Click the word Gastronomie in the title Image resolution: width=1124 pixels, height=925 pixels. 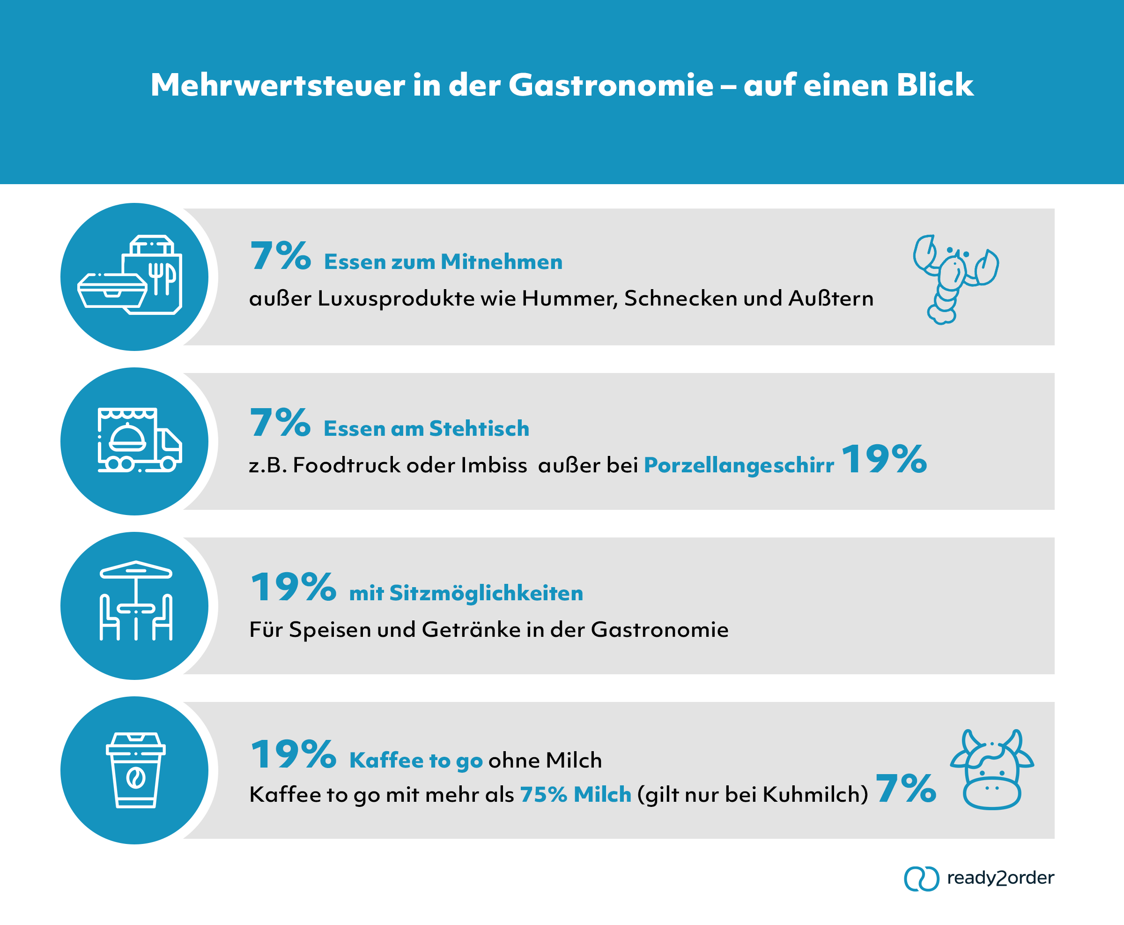coord(610,85)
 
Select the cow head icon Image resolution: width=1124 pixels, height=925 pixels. coord(991,769)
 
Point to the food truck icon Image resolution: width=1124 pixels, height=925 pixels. coord(139,440)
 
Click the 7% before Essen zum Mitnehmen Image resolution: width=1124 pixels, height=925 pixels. coord(280,256)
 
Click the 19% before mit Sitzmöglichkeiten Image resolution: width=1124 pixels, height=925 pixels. coord(293,588)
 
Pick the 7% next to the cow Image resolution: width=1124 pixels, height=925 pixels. coord(905,789)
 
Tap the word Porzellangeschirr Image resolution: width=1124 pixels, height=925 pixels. coord(739,466)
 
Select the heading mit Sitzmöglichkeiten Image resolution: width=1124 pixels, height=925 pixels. coord(466,594)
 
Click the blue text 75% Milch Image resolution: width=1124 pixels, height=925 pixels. coord(575,794)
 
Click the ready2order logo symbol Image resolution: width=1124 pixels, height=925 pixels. coord(921,879)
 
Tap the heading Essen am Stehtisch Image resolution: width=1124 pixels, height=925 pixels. coord(426,429)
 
